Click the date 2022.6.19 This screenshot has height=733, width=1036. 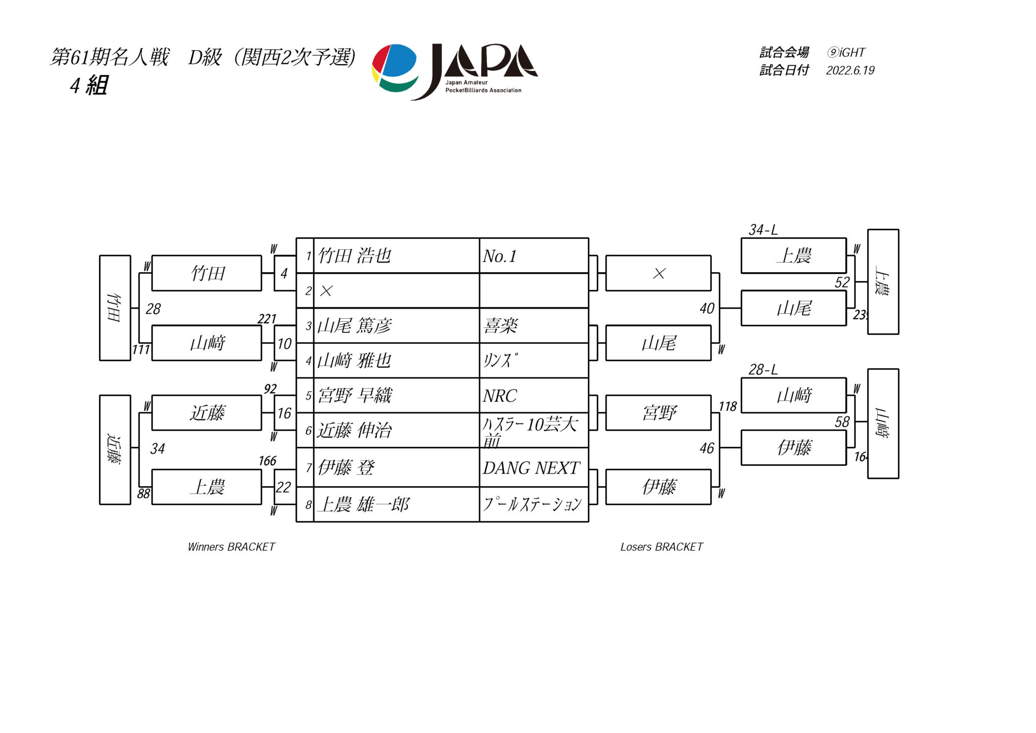point(850,70)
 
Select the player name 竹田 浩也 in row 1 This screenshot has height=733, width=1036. point(354,256)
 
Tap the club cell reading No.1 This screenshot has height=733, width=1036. point(499,256)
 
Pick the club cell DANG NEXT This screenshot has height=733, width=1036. point(531,468)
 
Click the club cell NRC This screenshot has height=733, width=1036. point(500,396)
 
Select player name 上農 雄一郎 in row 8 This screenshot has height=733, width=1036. point(363,504)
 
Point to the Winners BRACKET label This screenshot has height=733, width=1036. point(231,547)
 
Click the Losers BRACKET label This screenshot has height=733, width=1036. point(661,547)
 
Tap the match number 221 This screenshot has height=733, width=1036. point(267,319)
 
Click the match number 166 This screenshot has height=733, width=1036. point(267,461)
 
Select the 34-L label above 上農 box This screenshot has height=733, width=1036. point(763,230)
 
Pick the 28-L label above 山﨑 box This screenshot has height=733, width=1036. point(763,370)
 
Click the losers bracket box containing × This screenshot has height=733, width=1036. point(658,274)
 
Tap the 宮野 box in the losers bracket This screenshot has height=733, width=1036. point(658,413)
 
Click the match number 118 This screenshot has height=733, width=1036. point(727,406)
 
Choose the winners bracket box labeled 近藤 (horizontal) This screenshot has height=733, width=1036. point(207,413)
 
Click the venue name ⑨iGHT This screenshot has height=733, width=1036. point(846,53)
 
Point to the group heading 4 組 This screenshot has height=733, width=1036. point(89,85)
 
